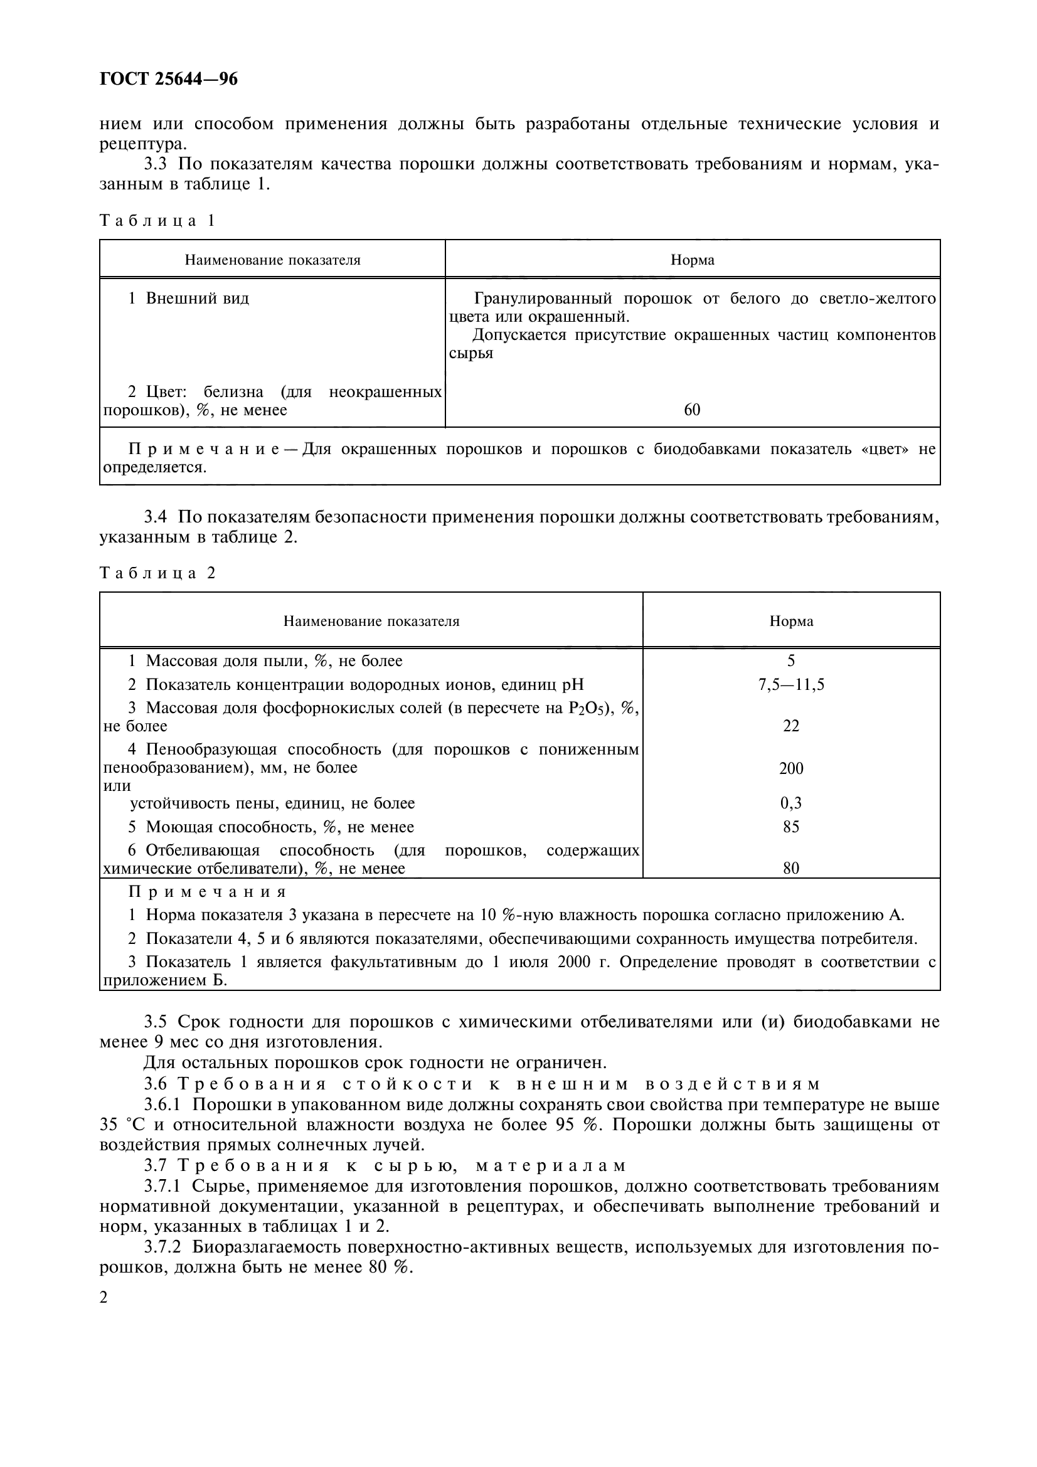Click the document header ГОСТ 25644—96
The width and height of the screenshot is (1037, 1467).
click(169, 79)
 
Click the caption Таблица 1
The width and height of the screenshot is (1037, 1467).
click(157, 221)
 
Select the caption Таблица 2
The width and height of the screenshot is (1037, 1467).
click(157, 573)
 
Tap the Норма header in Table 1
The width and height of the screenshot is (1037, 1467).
click(692, 260)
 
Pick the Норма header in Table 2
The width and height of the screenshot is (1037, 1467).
click(791, 621)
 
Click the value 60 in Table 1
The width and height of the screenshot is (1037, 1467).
click(692, 410)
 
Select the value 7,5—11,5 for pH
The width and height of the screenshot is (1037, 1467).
click(791, 685)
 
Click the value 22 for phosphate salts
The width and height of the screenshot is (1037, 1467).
click(791, 726)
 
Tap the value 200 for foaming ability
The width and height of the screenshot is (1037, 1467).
click(791, 769)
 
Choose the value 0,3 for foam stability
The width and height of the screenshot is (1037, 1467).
click(791, 804)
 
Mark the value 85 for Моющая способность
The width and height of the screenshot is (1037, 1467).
click(791, 827)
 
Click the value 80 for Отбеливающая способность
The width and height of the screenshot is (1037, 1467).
click(791, 868)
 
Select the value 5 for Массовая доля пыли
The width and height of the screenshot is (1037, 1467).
click(791, 661)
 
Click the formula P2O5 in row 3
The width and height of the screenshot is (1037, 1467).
click(586, 709)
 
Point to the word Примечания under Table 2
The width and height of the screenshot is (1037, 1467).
click(207, 892)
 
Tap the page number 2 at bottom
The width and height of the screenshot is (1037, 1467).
click(104, 1298)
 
